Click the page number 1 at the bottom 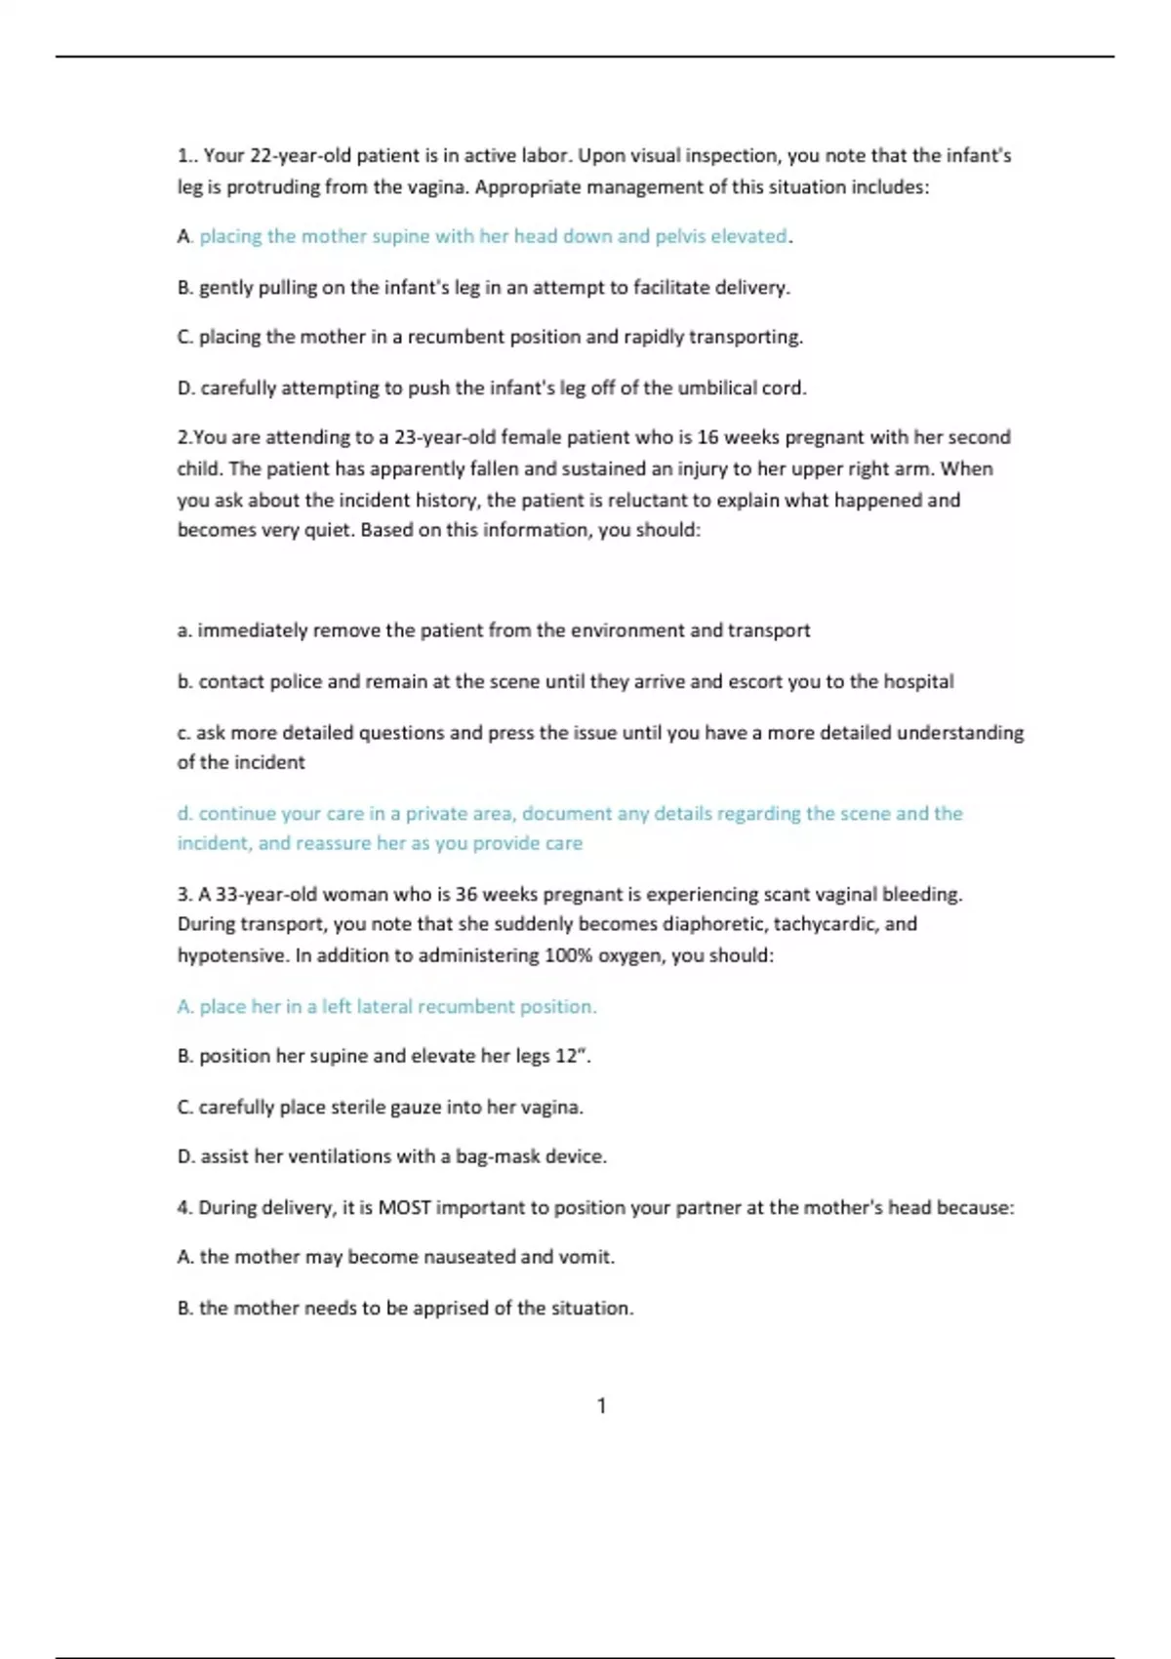point(601,1405)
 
